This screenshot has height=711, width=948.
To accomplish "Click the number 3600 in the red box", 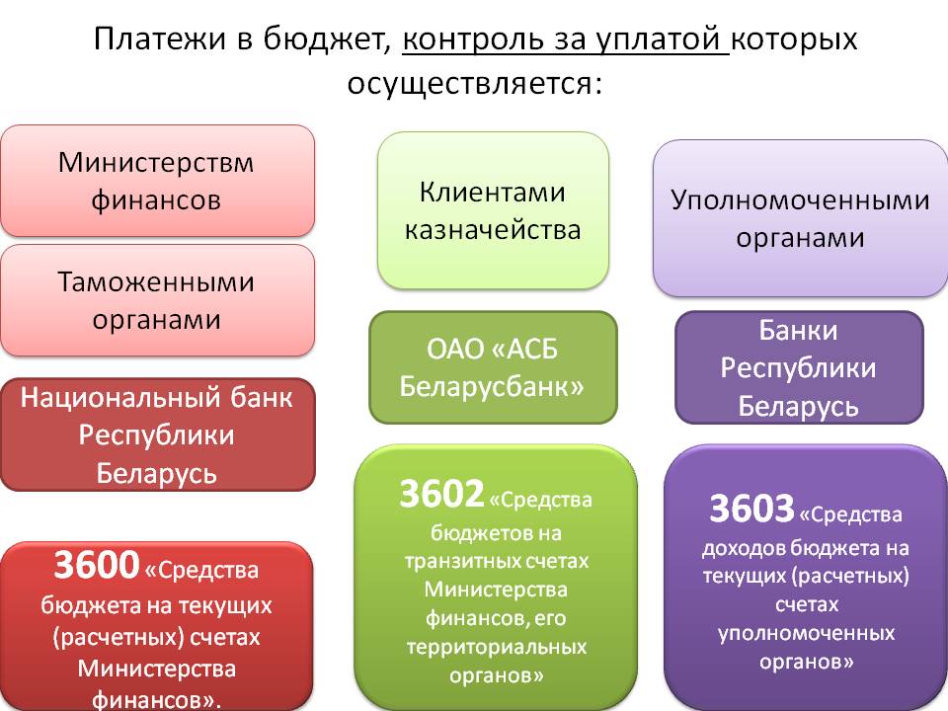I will point(96,566).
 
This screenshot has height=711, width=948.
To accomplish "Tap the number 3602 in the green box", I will point(440,494).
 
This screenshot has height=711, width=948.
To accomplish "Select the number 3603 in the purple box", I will point(751,510).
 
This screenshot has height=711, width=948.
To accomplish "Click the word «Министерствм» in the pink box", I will point(156,161).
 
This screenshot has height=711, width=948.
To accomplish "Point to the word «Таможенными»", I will point(156,282).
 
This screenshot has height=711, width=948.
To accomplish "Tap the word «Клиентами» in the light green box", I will point(493,192).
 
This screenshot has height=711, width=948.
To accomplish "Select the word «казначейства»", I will point(493,230).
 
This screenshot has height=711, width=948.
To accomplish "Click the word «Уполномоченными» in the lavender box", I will point(800,200).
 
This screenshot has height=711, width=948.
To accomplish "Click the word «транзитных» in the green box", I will point(496,561).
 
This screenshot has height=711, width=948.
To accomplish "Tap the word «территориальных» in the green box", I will point(496,648).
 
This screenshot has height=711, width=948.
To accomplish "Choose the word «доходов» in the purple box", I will point(738,547).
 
